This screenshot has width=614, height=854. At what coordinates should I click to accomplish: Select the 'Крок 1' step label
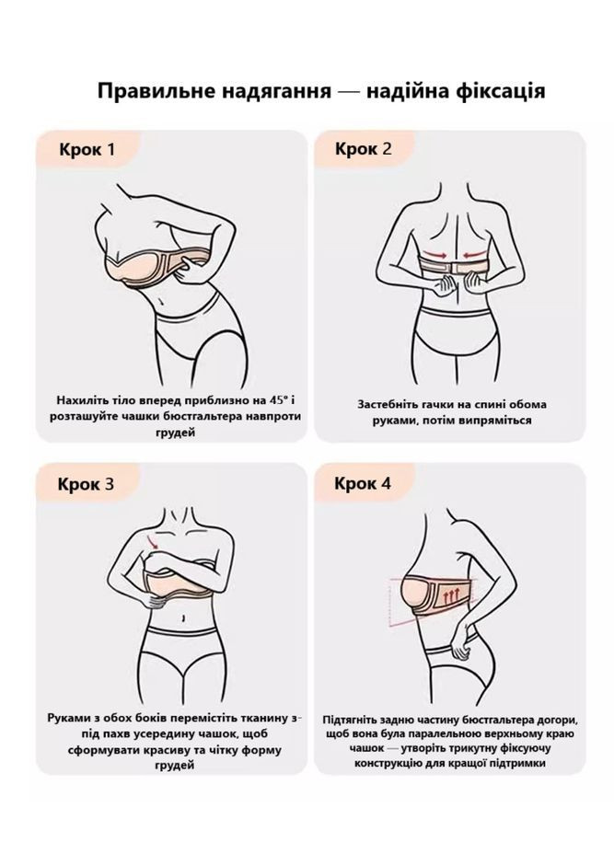click(x=87, y=149)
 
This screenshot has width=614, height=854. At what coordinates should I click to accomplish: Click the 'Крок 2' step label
click(x=363, y=148)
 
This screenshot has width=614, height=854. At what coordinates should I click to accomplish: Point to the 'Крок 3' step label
click(x=87, y=484)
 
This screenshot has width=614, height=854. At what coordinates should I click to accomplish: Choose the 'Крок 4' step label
click(x=363, y=483)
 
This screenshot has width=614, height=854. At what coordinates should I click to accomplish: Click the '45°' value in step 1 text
click(x=278, y=400)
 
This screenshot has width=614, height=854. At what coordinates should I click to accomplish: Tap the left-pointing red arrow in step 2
click(x=475, y=253)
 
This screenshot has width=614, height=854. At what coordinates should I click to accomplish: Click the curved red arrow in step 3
click(x=153, y=541)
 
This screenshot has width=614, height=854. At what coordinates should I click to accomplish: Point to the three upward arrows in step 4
click(x=451, y=596)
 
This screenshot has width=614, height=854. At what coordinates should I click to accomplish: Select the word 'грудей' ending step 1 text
click(x=176, y=433)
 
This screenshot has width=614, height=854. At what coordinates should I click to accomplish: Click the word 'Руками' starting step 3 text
click(x=66, y=718)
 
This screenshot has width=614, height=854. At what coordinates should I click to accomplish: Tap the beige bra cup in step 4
click(x=415, y=594)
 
